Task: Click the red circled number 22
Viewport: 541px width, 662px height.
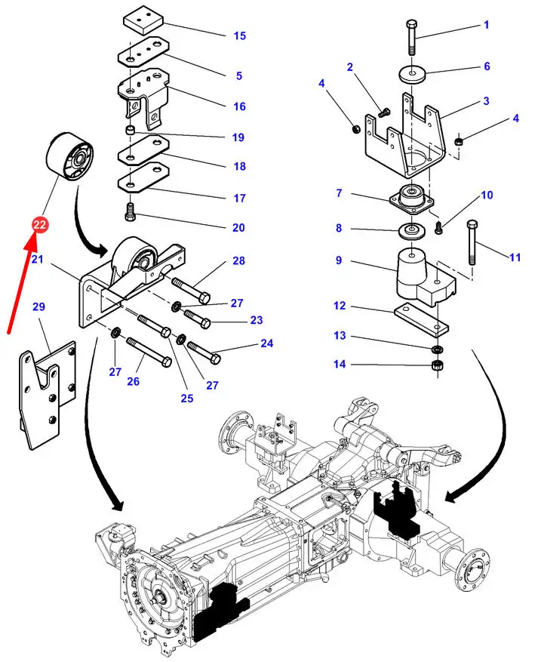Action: coord(40,224)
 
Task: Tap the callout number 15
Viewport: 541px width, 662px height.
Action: coord(239,35)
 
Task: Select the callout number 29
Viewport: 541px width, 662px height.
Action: coord(39,307)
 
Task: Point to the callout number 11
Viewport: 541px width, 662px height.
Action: coord(515,257)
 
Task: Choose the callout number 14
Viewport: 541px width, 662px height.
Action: coord(341,365)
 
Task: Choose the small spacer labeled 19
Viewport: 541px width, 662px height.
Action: coord(131,134)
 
